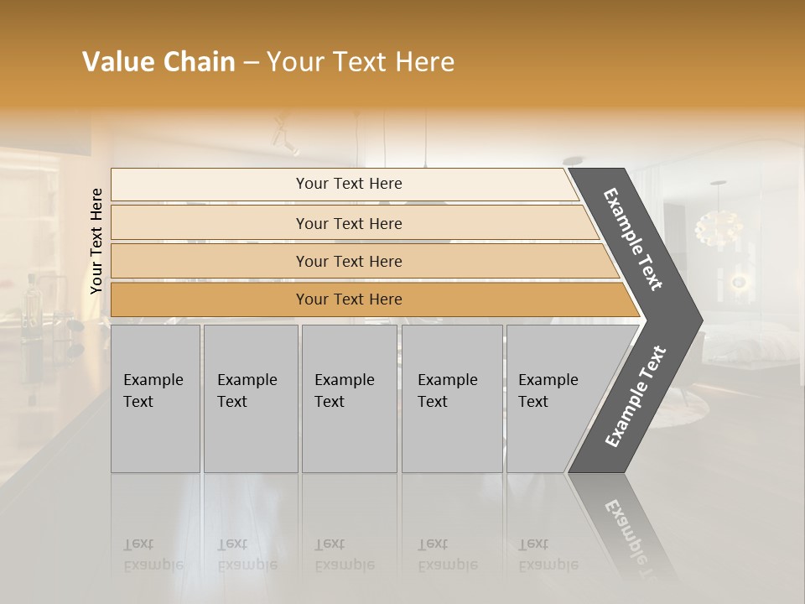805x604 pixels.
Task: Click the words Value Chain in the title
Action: (158, 62)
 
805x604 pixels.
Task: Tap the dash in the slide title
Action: (251, 63)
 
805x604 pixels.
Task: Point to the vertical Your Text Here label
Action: (96, 241)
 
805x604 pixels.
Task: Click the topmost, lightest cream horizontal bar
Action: (348, 184)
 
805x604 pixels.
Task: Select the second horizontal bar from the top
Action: (348, 223)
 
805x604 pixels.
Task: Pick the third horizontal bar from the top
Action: (348, 261)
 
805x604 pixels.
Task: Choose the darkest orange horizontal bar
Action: (348, 299)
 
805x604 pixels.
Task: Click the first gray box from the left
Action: (155, 398)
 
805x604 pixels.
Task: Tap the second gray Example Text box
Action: (250, 398)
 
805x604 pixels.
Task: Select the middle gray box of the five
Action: (349, 398)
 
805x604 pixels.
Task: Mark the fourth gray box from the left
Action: (452, 398)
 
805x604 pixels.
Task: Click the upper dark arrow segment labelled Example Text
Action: (634, 239)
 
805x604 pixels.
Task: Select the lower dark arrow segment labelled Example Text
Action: (635, 397)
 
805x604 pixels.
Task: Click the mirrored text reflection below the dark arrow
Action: (625, 528)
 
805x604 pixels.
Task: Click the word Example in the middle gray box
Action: (344, 380)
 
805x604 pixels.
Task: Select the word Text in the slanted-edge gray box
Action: (532, 402)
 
